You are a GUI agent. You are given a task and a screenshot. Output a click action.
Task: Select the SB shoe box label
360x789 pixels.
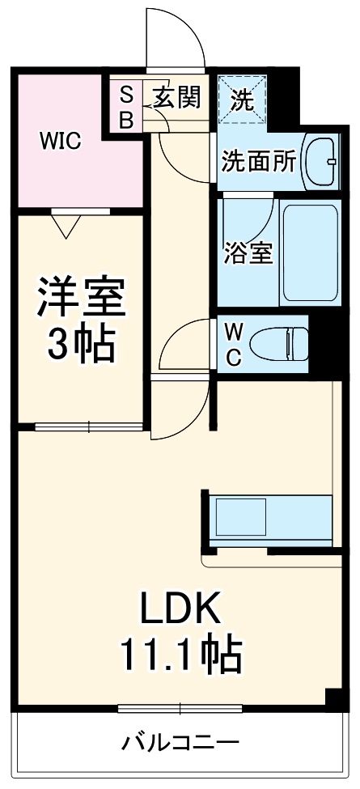(126, 107)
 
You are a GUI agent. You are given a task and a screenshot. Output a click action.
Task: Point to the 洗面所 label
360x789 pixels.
(259, 160)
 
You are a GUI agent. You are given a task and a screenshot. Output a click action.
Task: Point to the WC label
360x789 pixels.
(232, 343)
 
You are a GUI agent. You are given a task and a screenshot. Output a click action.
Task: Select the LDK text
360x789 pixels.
(181, 609)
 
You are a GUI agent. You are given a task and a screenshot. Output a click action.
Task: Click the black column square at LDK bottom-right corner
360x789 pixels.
(332, 698)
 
